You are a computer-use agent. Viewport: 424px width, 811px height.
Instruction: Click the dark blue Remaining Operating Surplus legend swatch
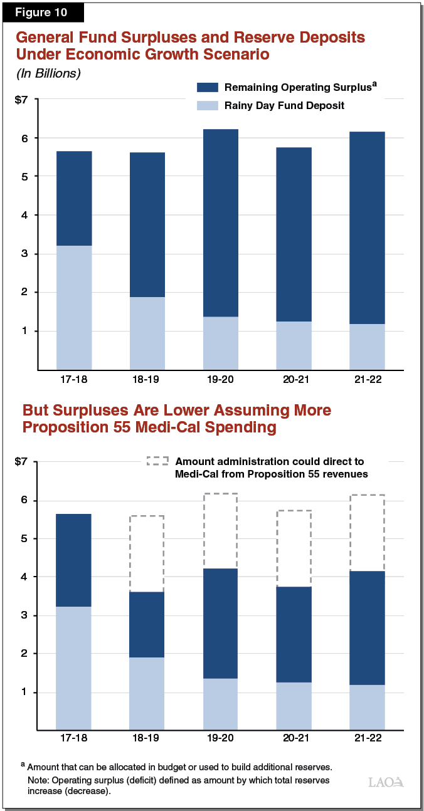coord(208,86)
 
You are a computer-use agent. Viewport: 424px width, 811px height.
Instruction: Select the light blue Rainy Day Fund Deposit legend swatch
coord(208,105)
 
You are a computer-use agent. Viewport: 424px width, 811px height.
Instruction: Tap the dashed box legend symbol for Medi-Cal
coord(157,461)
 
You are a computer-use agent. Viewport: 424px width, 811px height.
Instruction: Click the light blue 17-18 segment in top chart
coord(74,307)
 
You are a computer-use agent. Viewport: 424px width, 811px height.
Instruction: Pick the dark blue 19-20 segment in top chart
coord(220,222)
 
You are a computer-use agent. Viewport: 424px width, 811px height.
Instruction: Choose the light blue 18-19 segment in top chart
coord(147,333)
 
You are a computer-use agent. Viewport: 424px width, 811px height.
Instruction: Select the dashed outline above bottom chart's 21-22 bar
coord(367,533)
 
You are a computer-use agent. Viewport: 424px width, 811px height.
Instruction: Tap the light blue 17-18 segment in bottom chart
coord(74,668)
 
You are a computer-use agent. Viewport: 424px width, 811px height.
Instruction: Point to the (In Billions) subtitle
coord(48,73)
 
